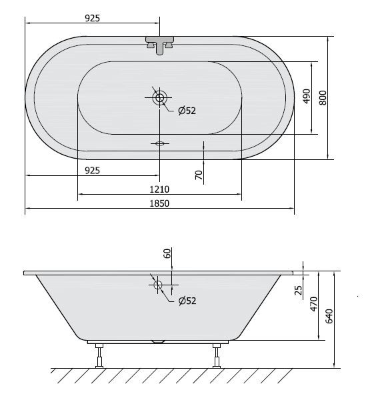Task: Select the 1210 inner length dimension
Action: click(160, 189)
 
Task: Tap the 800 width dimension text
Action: click(323, 97)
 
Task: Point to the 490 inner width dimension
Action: click(307, 97)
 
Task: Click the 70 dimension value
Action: click(198, 175)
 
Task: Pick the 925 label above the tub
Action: click(93, 18)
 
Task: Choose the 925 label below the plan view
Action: click(93, 170)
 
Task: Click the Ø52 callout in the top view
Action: click(187, 111)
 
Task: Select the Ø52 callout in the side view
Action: click(187, 301)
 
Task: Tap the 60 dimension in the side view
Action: click(167, 253)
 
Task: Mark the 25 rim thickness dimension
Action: click(298, 289)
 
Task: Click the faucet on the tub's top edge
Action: click(160, 44)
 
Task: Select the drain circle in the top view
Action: click(160, 98)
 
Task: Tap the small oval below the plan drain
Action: click(160, 143)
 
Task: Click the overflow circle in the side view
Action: click(159, 285)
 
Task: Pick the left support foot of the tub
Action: click(100, 355)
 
